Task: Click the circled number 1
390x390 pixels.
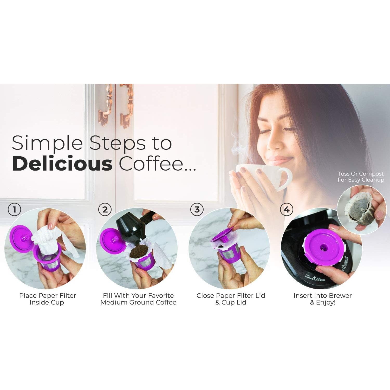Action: pyautogui.click(x=14, y=209)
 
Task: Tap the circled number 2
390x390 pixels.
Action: pyautogui.click(x=105, y=209)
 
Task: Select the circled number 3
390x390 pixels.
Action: pyautogui.click(x=197, y=209)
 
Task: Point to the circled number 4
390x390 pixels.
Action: pyautogui.click(x=287, y=209)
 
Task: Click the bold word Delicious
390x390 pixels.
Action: pyautogui.click(x=62, y=164)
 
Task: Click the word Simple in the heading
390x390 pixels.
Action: pyautogui.click(x=47, y=143)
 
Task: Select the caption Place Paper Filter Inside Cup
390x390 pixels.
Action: pyautogui.click(x=47, y=299)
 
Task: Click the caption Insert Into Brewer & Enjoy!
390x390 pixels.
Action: pyautogui.click(x=322, y=299)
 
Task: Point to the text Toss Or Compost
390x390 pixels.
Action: pyautogui.click(x=361, y=174)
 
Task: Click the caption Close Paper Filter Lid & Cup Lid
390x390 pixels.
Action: pyautogui.click(x=231, y=299)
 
